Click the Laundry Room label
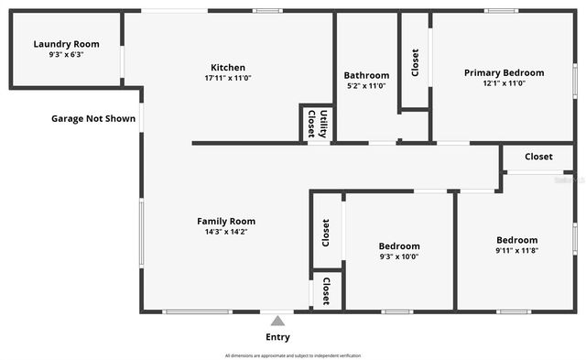[66, 44]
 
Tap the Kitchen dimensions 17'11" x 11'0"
[227, 79]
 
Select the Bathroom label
[366, 75]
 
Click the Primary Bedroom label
[504, 72]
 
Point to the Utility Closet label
[317, 124]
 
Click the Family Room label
[226, 221]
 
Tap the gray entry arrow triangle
[277, 321]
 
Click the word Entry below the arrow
[277, 337]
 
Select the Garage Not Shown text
[93, 118]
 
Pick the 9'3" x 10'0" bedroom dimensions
[399, 256]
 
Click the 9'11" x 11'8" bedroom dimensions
[516, 250]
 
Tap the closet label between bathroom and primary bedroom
[415, 62]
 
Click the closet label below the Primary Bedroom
[538, 157]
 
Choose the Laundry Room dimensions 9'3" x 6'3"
[66, 55]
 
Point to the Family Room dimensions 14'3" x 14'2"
[226, 232]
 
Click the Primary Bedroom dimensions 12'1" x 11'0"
[504, 83]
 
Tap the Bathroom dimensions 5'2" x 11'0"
[366, 86]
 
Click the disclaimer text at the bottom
[293, 355]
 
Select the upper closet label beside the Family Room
[326, 232]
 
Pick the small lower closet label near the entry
[326, 291]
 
